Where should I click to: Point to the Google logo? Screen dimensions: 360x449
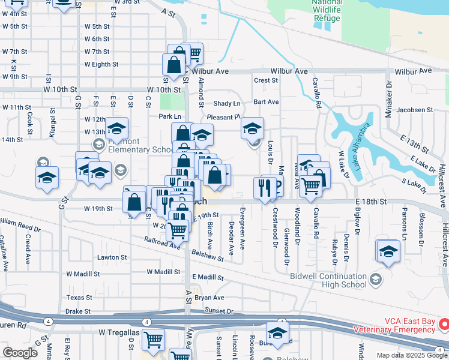coord(20,353)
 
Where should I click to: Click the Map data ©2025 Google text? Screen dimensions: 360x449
coord(412,355)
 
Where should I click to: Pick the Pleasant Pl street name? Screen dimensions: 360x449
coord(223,117)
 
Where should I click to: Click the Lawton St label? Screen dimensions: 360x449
coord(112,257)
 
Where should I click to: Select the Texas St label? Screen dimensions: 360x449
coord(80,297)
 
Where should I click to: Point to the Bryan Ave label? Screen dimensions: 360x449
coord(209,298)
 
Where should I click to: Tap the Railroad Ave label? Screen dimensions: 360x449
coord(161,242)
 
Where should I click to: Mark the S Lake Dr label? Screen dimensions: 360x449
coord(413,182)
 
